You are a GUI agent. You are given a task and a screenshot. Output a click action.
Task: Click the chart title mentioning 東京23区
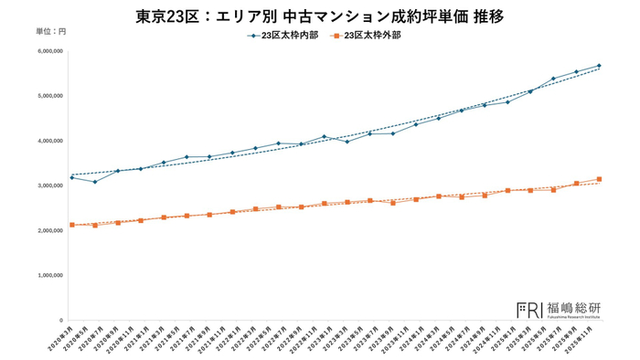(x=319, y=16)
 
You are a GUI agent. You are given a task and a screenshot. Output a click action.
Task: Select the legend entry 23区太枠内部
(x=284, y=37)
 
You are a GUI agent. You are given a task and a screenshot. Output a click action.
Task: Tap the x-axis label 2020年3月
(x=60, y=340)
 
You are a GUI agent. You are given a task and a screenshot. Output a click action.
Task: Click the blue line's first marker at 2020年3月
(x=71, y=177)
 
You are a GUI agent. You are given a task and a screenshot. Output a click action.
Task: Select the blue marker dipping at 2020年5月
(x=94, y=182)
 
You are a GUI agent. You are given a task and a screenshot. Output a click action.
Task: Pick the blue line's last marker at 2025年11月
(x=599, y=66)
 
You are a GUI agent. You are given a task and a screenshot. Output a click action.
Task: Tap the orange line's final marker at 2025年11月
(x=599, y=179)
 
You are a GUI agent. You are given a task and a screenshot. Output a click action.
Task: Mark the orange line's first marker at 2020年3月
(x=71, y=225)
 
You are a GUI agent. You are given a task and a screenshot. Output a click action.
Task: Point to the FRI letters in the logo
(x=529, y=309)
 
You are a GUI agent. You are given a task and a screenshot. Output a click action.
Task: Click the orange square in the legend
(x=337, y=37)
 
